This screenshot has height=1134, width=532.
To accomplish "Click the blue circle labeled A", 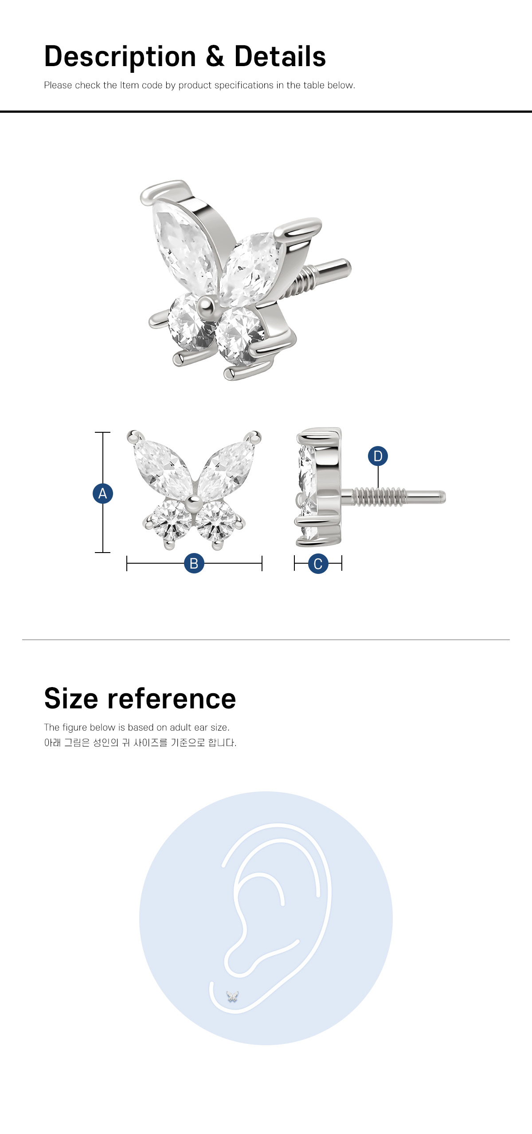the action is (x=103, y=494).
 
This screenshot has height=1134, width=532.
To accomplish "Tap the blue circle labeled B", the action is (x=194, y=563).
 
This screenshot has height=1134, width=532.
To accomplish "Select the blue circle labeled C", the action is (x=318, y=564).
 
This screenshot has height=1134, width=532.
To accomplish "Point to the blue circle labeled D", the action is (x=378, y=456).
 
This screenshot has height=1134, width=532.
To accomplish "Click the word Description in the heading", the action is (x=120, y=57).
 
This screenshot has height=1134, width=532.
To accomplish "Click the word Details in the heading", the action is (x=280, y=56).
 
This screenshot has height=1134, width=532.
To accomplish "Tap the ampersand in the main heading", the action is (x=215, y=56).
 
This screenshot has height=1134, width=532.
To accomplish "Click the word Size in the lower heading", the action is (x=71, y=699).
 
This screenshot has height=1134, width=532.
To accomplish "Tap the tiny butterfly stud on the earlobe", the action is (x=232, y=996).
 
